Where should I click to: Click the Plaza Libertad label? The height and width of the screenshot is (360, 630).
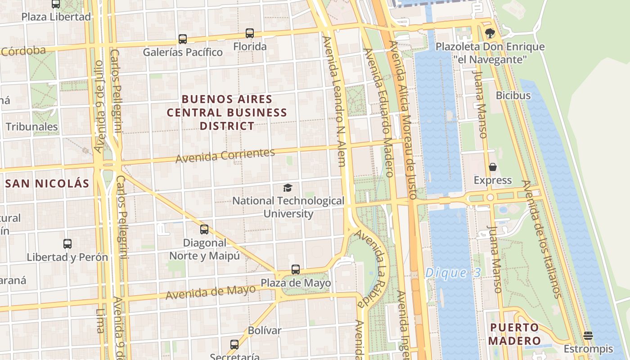(56, 17)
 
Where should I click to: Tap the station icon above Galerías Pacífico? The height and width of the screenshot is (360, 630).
(182, 39)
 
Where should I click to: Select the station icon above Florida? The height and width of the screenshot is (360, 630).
(250, 33)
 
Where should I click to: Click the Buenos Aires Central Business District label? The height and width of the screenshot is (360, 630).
(227, 112)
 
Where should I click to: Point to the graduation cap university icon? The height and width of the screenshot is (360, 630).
(288, 188)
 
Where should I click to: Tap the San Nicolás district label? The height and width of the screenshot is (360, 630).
(47, 183)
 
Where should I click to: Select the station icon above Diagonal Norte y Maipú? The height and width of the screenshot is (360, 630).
(204, 229)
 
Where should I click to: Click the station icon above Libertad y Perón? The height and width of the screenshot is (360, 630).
(67, 244)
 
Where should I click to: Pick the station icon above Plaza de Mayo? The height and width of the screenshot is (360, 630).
(296, 270)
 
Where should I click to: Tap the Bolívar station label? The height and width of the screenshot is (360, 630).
(265, 330)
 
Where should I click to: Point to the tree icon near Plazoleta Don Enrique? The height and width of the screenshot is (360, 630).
(490, 33)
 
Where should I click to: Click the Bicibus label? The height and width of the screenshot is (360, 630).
(513, 95)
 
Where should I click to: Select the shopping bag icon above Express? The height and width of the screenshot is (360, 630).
(493, 167)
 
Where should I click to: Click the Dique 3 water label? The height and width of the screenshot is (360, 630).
(453, 272)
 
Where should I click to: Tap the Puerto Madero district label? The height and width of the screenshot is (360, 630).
(515, 334)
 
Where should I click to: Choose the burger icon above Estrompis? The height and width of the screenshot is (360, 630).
(588, 336)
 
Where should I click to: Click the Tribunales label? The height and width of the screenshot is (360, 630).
(32, 127)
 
